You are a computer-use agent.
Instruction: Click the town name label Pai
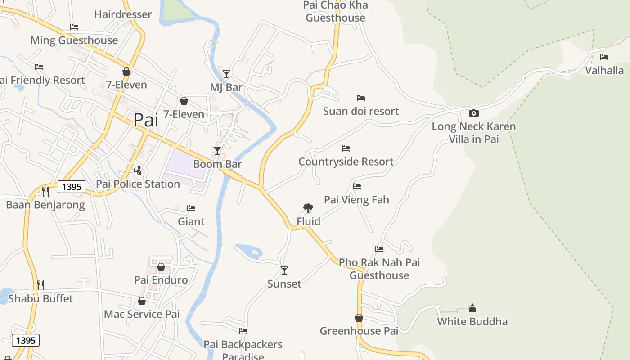[x=146, y=120]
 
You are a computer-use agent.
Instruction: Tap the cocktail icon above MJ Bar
[x=226, y=74]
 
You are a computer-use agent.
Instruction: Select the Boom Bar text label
[x=217, y=164]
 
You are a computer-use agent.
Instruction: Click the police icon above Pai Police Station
[x=138, y=171]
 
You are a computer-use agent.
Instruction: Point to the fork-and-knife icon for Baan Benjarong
[x=45, y=192]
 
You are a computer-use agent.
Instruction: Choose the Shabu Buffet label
[x=40, y=298]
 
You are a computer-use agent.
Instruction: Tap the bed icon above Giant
[x=191, y=208]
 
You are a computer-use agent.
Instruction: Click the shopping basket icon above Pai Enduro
[x=161, y=267]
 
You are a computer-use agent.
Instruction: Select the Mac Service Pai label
[x=142, y=314]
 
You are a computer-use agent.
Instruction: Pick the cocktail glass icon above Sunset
[x=284, y=270]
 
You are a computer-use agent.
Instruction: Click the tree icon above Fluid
[x=308, y=208]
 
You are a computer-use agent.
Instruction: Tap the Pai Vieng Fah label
[x=356, y=199]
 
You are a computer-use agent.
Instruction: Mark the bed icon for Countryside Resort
[x=346, y=148]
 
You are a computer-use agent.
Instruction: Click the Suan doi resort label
[x=361, y=111]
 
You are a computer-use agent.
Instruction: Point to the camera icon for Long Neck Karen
[x=473, y=113]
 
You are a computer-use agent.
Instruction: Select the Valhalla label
[x=604, y=71]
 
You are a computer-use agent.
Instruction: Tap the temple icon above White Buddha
[x=472, y=308]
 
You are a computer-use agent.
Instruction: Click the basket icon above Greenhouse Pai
[x=359, y=318]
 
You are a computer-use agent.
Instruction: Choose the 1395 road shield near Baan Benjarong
[x=71, y=187]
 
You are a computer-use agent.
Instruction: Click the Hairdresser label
[x=123, y=14]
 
